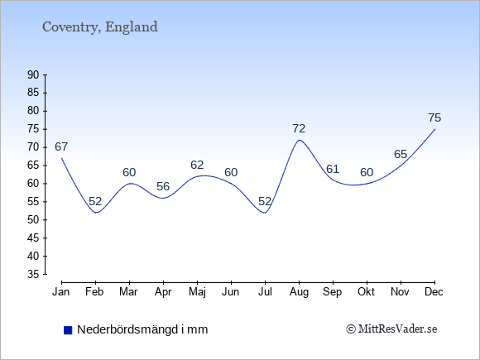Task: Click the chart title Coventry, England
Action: [100, 27]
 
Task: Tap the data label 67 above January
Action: [61, 147]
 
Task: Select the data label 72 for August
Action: [299, 128]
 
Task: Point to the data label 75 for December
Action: [434, 118]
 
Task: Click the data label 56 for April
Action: [163, 186]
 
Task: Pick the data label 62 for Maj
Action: [197, 165]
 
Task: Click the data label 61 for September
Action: [333, 169]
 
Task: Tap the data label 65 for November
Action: [401, 154]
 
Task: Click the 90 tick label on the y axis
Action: [33, 74]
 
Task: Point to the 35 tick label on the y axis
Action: [33, 274]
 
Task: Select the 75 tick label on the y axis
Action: [33, 129]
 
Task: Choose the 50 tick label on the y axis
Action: [33, 219]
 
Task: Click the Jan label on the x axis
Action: [61, 292]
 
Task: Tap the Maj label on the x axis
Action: [197, 292]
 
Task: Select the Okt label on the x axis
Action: [366, 292]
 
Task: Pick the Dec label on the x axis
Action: [434, 292]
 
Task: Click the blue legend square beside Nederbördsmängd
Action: [68, 330]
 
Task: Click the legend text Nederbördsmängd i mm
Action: [142, 329]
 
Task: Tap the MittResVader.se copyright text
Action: [391, 329]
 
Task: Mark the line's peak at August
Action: [299, 140]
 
